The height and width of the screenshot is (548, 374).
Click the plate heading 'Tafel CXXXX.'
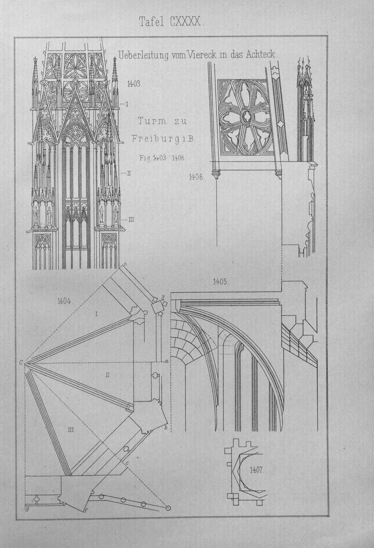pos(171,22)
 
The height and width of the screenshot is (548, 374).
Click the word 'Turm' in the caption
pos(151,121)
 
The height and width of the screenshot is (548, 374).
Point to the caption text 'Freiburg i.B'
pos(163,139)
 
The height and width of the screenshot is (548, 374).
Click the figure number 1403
pos(134,84)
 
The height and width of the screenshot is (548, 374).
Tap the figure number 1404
pos(64,301)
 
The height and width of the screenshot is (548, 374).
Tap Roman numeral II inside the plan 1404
pos(107,375)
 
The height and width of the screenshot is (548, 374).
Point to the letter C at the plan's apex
pos(21,363)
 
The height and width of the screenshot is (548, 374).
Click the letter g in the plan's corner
pos(27,509)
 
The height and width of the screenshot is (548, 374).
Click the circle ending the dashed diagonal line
pos(168,508)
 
